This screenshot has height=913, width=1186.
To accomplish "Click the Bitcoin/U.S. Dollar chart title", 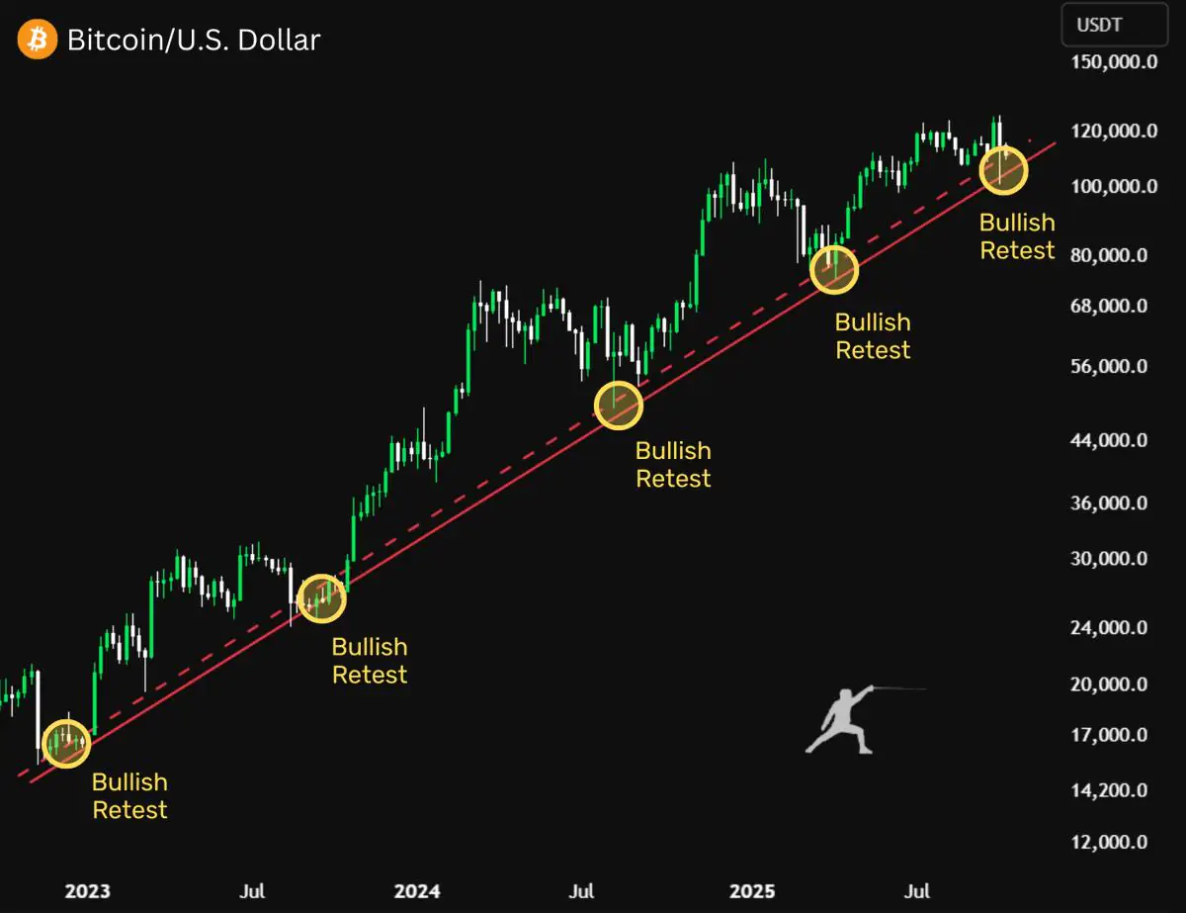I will (194, 40).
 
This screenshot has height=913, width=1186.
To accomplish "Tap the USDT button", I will (1113, 26).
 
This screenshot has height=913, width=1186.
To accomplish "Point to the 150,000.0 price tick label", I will (1114, 62).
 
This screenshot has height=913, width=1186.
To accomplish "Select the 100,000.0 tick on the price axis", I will (1114, 186).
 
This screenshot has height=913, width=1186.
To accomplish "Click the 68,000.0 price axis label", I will (1109, 306).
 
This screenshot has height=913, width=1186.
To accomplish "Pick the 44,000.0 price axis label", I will (1109, 440).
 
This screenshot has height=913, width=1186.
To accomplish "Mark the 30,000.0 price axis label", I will (1109, 559).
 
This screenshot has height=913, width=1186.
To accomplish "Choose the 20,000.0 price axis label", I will (1109, 684).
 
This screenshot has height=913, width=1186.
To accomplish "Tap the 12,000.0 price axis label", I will (1109, 843).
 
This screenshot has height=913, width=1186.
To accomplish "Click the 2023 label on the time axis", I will (87, 891).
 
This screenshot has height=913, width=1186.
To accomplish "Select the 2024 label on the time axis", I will (417, 891).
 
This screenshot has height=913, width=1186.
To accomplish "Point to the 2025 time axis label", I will (748, 891).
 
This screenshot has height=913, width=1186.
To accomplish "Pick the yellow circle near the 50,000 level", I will (619, 405).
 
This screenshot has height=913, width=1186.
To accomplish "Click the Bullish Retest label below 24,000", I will (370, 661).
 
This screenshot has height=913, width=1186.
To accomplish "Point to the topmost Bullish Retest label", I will (1017, 236).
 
